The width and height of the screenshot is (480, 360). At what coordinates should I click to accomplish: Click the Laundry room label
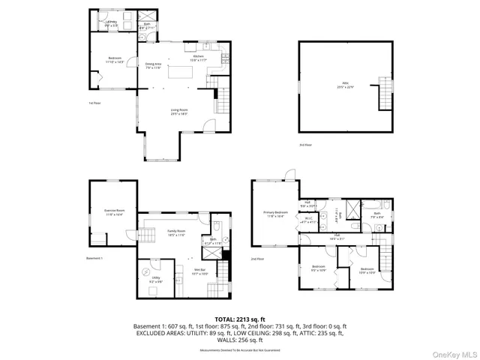point(111,22)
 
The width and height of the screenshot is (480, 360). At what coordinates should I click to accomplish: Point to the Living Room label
point(178,112)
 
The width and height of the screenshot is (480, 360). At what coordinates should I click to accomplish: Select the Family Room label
point(176,233)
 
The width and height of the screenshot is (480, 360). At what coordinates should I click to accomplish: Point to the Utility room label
point(156,279)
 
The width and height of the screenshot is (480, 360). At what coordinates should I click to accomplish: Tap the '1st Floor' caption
point(94,103)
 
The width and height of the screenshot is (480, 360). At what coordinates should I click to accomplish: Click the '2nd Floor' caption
point(257,259)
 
